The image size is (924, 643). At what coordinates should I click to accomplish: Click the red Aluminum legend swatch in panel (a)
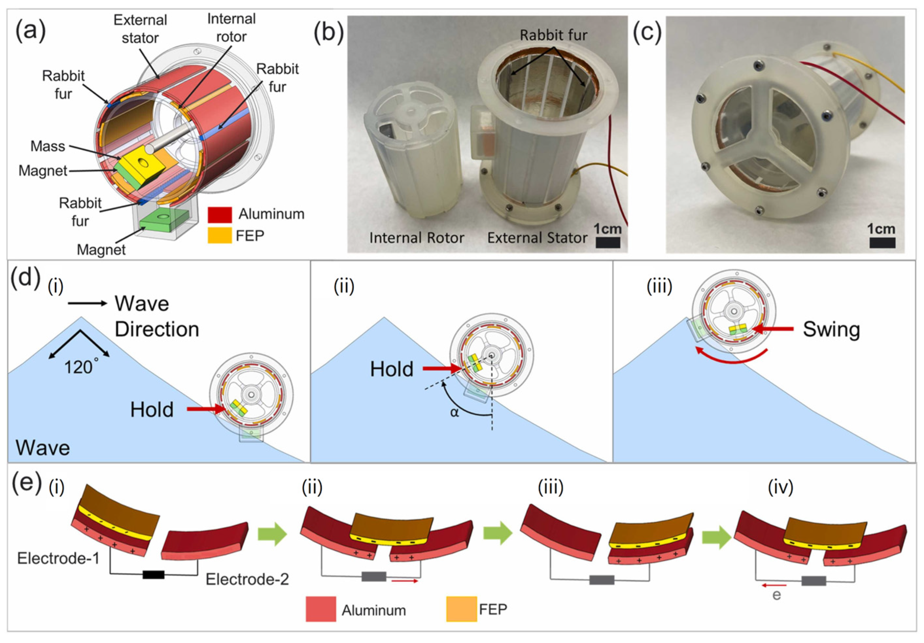(x=220, y=214)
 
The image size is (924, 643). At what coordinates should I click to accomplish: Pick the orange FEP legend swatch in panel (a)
(x=220, y=235)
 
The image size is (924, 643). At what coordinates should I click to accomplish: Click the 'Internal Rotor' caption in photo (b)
(x=417, y=238)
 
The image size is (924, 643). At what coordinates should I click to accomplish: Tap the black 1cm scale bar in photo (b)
(x=608, y=243)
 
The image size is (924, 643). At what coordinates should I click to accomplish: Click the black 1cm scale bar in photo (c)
(x=882, y=243)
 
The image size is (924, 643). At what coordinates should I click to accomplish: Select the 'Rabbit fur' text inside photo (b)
(x=553, y=35)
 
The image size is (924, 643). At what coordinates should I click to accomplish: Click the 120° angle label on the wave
(x=80, y=367)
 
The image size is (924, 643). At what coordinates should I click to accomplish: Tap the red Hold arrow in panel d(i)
(x=205, y=409)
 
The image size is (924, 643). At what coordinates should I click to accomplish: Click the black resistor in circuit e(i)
(x=153, y=575)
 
